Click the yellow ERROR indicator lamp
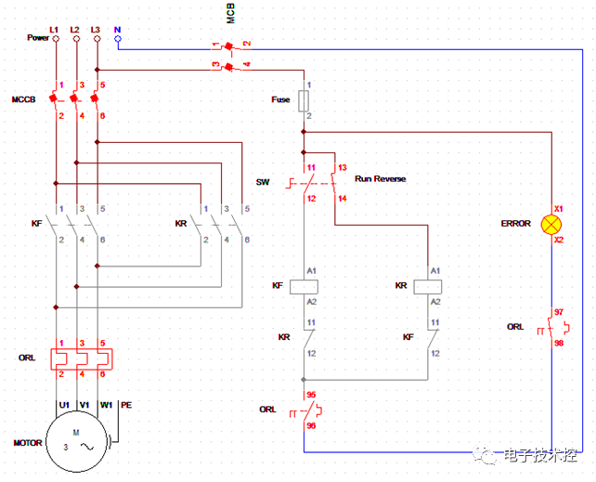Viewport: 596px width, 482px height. [x=552, y=224]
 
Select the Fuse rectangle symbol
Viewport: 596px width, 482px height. [x=304, y=99]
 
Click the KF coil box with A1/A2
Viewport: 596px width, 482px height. [x=304, y=286]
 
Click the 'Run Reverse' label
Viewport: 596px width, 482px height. [x=380, y=178]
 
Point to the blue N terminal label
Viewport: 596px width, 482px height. [x=117, y=28]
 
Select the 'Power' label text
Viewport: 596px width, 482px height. [x=37, y=38]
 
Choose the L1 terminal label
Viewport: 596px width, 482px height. [x=54, y=28]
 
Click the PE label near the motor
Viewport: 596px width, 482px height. [x=127, y=405]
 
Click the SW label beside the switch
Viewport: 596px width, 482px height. [x=263, y=182]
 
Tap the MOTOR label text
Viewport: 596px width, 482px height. [x=27, y=443]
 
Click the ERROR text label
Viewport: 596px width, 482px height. [x=516, y=224]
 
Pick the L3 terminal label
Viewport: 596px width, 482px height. [x=96, y=28]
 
